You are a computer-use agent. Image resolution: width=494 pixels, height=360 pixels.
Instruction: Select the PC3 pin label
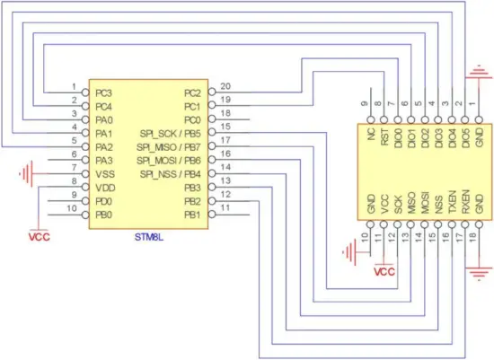pos(104,92)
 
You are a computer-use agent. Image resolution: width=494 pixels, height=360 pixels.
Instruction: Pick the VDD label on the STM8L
pos(105,187)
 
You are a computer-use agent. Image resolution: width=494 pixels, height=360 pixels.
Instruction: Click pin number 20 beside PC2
pos(225,86)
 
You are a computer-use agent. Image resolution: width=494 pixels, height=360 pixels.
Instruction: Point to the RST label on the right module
pos(384,136)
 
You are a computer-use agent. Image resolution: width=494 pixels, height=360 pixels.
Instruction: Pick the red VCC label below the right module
pos(384,270)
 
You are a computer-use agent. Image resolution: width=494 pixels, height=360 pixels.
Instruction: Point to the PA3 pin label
pos(104,160)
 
